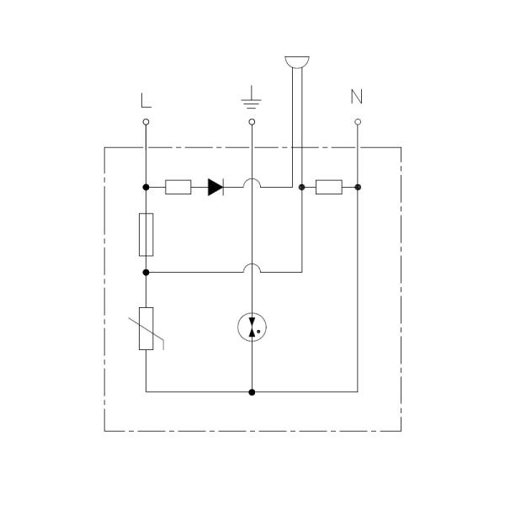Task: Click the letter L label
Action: click(146, 100)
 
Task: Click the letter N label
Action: click(357, 96)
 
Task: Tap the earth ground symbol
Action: click(251, 98)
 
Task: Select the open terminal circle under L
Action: click(146, 122)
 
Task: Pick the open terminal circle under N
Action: click(358, 122)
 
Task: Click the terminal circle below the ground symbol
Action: click(252, 122)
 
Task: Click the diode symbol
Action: click(215, 187)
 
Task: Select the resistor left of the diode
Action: click(178, 187)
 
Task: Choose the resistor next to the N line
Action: click(329, 187)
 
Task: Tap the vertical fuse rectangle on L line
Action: click(146, 235)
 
